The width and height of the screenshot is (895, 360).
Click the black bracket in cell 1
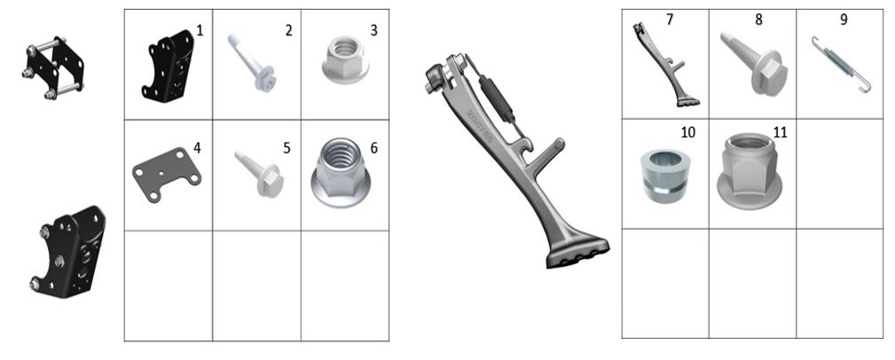[x=169, y=67]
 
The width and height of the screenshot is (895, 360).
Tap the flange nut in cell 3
[x=345, y=59]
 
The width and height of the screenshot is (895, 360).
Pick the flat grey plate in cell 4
[x=166, y=174]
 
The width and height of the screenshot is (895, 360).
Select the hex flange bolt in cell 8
[x=753, y=63]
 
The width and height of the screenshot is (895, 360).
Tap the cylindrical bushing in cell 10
[x=665, y=176]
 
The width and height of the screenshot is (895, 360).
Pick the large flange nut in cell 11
[x=750, y=170]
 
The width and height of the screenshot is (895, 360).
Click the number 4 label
[x=197, y=148]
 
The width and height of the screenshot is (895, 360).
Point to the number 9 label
[x=844, y=20]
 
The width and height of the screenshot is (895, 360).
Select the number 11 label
[x=780, y=132]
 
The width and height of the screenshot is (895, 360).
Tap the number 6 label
[x=373, y=148]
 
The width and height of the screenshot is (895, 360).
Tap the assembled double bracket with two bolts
[x=53, y=68]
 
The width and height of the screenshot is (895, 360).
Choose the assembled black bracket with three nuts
[x=68, y=252]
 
